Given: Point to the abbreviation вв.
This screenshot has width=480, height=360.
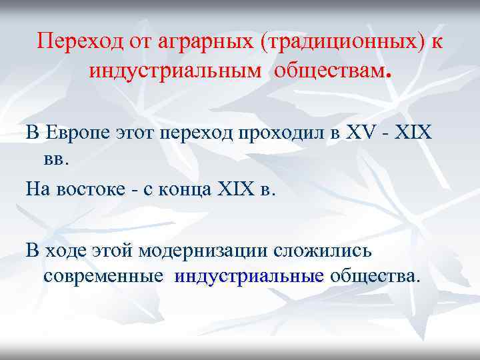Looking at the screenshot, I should (56, 159).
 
